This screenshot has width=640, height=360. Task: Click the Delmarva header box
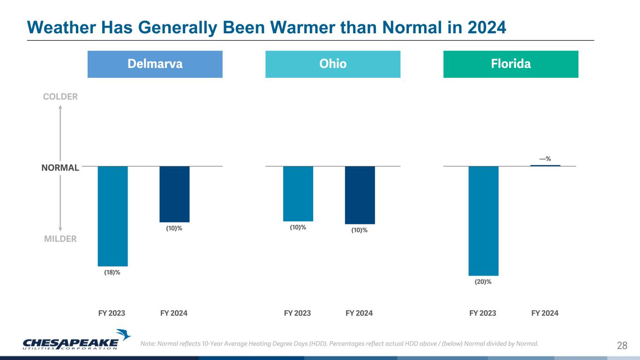click(155, 64)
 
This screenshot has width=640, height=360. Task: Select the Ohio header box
click(333, 64)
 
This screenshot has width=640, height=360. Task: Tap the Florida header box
click(511, 64)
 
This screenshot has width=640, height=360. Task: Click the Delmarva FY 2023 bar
click(113, 216)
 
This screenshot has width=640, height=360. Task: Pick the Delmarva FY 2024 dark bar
click(174, 194)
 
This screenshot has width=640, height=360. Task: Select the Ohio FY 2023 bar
click(298, 194)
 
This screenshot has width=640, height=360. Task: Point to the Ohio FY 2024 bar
click(360, 195)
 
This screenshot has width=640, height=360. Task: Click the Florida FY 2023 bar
click(483, 220)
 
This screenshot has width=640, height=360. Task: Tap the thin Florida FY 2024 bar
click(545, 165)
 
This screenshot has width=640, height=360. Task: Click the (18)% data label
click(112, 272)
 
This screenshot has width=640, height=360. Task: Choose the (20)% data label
click(483, 282)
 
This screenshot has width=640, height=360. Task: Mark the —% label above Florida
click(545, 159)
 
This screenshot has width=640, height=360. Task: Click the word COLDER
click(60, 97)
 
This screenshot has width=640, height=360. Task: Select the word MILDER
click(60, 239)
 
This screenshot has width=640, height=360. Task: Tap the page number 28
click(622, 346)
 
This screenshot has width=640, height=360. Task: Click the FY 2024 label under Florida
click(545, 313)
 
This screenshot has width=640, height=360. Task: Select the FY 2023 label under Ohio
click(298, 313)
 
